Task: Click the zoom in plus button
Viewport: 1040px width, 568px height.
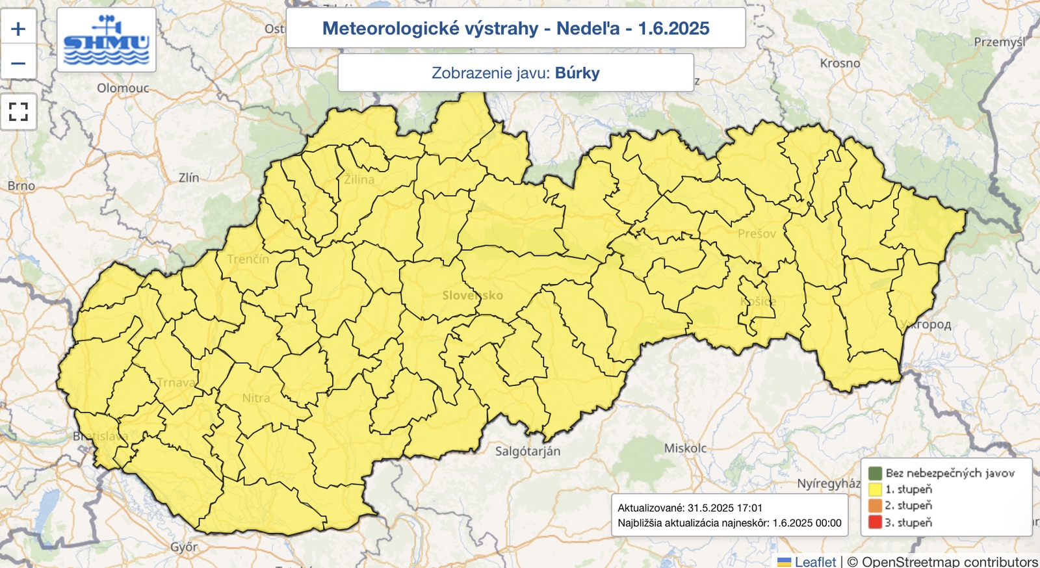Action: (x=18, y=29)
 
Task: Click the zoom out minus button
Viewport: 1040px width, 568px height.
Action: (x=18, y=63)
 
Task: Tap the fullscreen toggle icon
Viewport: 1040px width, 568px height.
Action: (x=18, y=112)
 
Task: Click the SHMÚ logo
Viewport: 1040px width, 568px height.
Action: (x=107, y=40)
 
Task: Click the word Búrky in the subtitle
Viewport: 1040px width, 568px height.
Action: (x=577, y=73)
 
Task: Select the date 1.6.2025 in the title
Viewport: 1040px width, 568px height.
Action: (x=673, y=29)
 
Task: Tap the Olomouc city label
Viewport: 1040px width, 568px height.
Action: (x=123, y=88)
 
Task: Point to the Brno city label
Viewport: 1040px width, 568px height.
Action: (x=21, y=186)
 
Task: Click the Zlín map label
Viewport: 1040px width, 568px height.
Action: (x=188, y=177)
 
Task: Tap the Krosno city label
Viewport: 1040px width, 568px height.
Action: (x=840, y=63)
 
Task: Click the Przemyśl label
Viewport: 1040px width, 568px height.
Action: (x=999, y=42)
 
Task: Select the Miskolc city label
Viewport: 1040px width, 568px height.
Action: (x=685, y=448)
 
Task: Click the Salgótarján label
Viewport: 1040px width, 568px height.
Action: (x=527, y=451)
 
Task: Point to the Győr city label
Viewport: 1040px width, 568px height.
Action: (x=184, y=547)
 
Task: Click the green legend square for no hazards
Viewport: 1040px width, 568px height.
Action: (x=875, y=473)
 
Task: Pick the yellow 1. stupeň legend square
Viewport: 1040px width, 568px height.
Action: (x=875, y=489)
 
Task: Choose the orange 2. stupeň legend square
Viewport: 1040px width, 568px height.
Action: (x=875, y=506)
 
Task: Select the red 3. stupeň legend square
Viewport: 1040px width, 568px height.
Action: (x=875, y=522)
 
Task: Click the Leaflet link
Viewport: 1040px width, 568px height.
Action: (x=815, y=562)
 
